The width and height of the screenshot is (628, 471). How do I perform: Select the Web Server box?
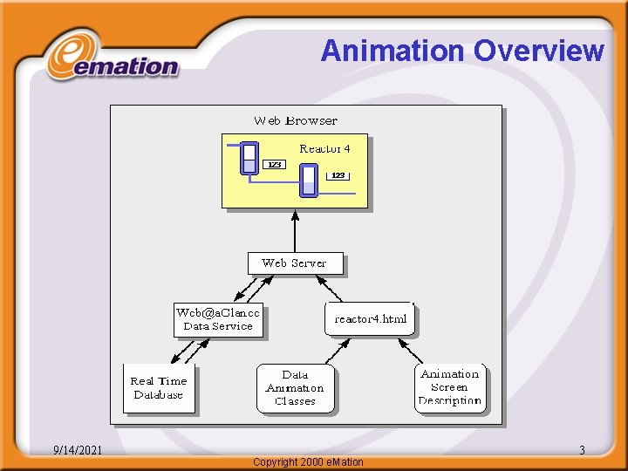point(295,263)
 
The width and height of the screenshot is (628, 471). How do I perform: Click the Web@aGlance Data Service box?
point(217,319)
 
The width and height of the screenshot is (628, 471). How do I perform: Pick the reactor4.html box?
point(370,318)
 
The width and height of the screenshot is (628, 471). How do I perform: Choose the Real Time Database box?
point(159,387)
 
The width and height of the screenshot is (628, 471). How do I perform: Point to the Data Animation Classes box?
point(295,387)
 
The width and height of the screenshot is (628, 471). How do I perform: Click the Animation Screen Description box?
point(449,387)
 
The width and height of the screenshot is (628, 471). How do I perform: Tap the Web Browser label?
point(295,120)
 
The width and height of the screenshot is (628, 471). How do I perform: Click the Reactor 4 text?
point(324,148)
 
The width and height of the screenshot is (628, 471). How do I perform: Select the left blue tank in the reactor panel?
point(249,158)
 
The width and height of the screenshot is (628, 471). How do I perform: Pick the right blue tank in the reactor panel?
point(308,180)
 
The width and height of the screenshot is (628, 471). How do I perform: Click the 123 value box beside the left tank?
point(274,164)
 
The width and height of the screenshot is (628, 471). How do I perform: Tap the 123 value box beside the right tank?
point(338,175)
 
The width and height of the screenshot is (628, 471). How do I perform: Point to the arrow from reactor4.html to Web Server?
point(330,289)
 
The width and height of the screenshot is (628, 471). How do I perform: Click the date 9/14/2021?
point(78,450)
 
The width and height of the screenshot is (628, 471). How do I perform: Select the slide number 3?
point(582,450)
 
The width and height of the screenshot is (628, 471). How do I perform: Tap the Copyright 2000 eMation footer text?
point(308,461)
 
